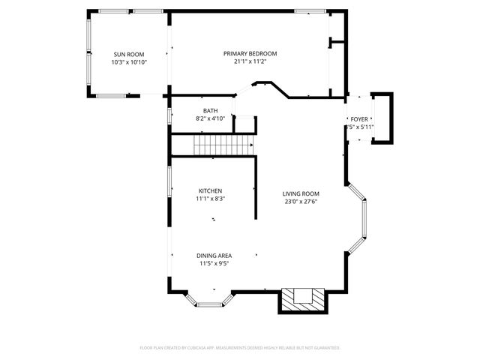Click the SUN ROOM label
click(x=129, y=55)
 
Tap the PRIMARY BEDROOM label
click(x=250, y=53)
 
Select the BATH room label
click(x=210, y=110)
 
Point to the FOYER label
click(x=359, y=119)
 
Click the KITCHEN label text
click(x=210, y=190)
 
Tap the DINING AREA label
click(x=214, y=256)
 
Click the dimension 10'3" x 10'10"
click(x=129, y=62)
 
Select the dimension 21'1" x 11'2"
click(x=250, y=61)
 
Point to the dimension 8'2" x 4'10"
click(x=210, y=118)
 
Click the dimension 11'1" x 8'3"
click(x=210, y=199)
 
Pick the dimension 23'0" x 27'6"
click(x=301, y=202)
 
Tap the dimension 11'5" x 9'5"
click(x=214, y=264)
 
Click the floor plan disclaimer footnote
click(x=240, y=348)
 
